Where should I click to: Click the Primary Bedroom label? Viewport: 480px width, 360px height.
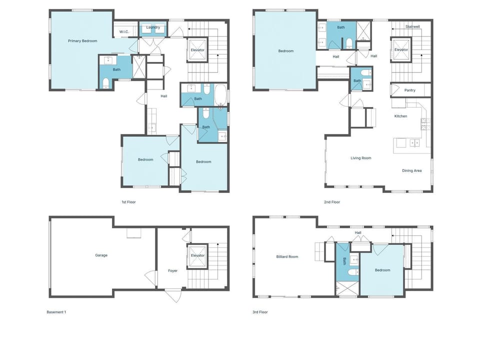pos(82,41)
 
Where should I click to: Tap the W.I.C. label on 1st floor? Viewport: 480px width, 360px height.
pos(124,32)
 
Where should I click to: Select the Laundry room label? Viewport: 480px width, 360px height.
pos(153,27)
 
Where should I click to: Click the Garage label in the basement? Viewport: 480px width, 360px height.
pos(101,255)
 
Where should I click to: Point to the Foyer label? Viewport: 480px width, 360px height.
pos(173,271)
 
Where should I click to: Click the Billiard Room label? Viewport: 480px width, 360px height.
pos(287,257)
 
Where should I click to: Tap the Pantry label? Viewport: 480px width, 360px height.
pos(410,90)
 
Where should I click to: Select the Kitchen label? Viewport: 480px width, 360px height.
pos(400,116)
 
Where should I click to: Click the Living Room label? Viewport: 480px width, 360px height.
pos(361,158)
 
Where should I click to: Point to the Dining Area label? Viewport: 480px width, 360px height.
pos(412,171)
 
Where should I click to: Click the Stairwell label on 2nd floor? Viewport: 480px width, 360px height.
pos(412,26)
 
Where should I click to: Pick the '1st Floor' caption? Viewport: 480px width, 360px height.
pos(128,202)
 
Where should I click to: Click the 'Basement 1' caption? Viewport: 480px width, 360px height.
pos(56,312)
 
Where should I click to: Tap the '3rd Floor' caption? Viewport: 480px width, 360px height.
pos(260,312)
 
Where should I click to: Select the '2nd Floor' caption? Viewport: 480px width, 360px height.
pos(332,202)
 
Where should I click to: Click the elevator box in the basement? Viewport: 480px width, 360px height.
pos(198,256)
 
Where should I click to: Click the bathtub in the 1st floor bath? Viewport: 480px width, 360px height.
pos(220,95)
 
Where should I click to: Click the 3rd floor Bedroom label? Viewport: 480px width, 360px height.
pos(382,270)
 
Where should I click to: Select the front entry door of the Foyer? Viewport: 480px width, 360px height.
pos(173,295)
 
